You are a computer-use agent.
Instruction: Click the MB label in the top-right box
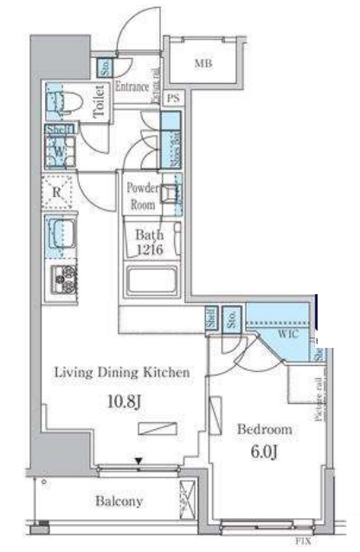[x=202, y=63]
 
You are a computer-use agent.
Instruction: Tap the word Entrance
[x=132, y=87]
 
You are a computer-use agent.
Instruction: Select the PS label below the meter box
[x=173, y=99]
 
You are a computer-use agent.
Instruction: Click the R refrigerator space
[x=57, y=193]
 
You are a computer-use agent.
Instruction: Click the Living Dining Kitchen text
[x=121, y=373]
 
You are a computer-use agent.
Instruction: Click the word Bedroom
[x=267, y=429]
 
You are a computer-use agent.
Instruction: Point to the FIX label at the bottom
[x=303, y=542]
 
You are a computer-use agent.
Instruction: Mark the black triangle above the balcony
[x=138, y=461]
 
